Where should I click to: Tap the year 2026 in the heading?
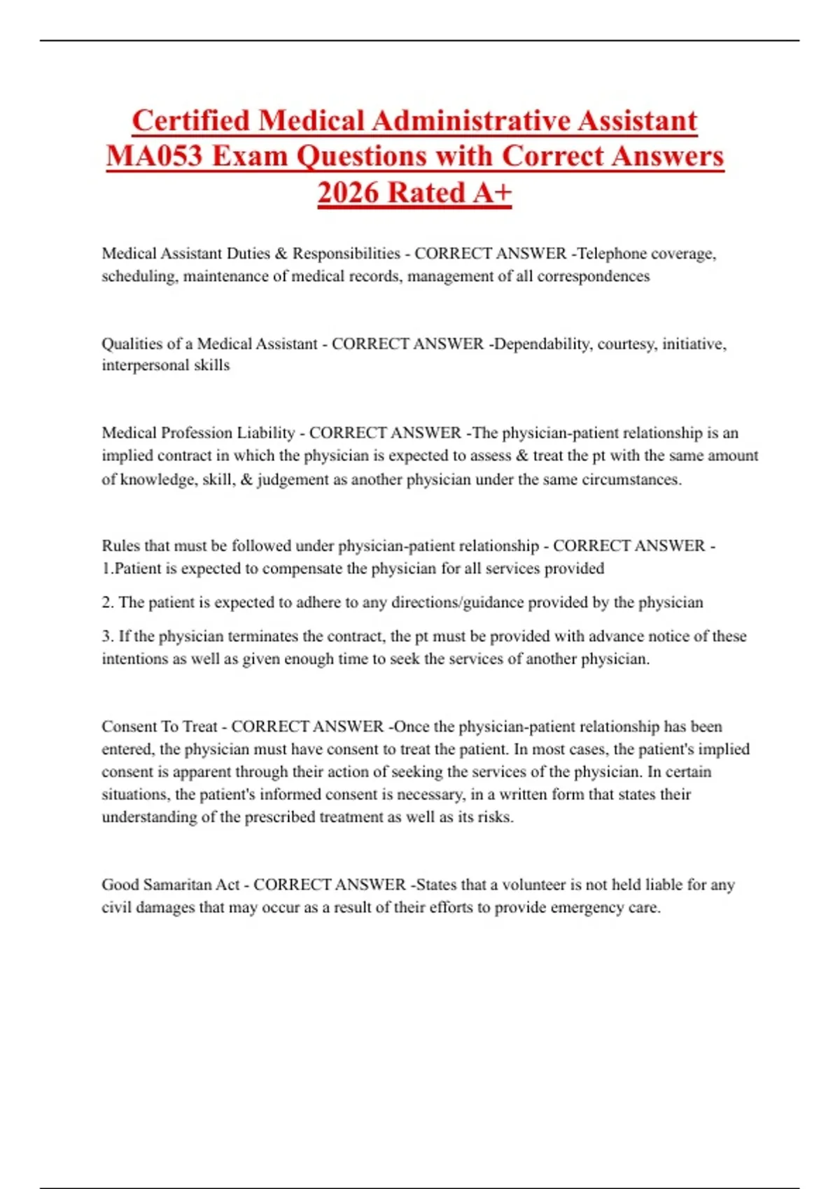[x=348, y=192]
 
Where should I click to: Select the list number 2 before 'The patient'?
[x=107, y=602]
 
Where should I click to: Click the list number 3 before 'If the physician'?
[x=107, y=636]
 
